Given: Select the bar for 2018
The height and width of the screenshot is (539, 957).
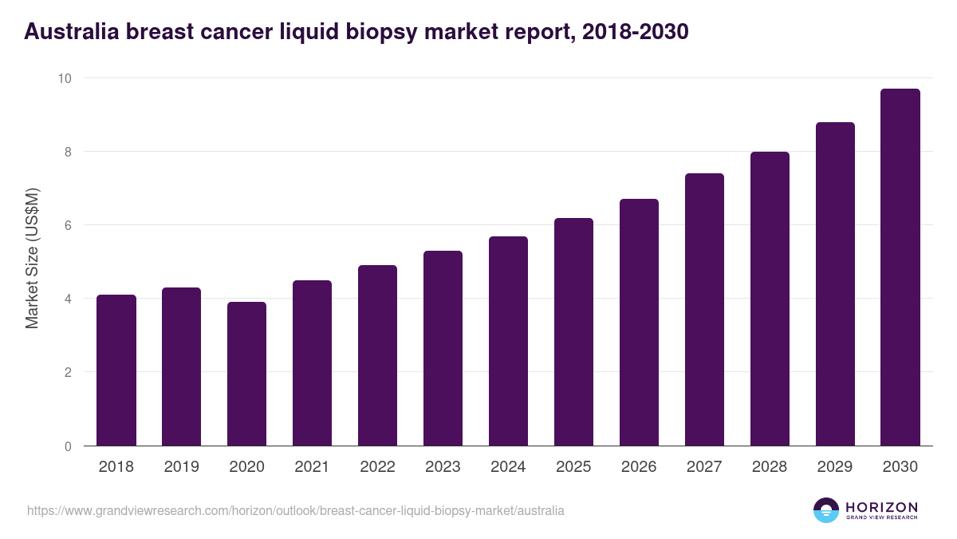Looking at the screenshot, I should coord(116,371).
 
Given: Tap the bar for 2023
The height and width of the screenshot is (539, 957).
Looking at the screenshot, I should coord(443,348).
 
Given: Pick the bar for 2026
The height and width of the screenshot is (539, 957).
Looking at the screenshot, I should coord(639,323).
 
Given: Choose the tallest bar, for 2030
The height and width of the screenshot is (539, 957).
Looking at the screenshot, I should coord(900,268).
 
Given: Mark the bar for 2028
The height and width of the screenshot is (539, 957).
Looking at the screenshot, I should coord(770,299).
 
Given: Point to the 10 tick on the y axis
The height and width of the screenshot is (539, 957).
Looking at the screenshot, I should coord(64,78).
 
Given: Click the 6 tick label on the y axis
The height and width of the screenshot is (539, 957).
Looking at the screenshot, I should coord(68,225).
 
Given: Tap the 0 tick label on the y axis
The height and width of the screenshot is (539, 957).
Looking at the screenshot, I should coord(68,446).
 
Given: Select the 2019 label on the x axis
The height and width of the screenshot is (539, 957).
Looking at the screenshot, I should coord(182,467).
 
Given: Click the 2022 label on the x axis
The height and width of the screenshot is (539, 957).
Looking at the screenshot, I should coord(377,467).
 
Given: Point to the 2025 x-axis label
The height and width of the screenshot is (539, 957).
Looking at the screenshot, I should coord(573,467).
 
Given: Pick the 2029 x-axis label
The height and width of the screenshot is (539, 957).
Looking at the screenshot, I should coord(835,467).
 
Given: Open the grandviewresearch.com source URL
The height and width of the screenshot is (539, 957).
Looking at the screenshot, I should coord(296,510).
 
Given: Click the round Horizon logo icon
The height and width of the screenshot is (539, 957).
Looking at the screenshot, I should coord(826,510).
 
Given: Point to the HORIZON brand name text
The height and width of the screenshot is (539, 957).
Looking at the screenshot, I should coord(881,507).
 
